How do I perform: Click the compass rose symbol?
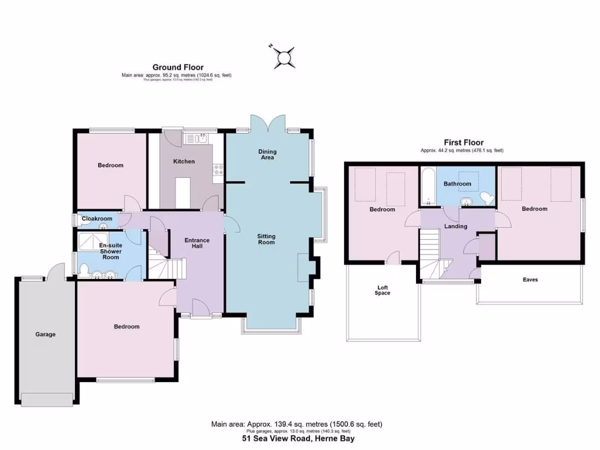tap(284, 56)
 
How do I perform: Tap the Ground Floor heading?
tap(178, 67)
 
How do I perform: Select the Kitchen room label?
tap(184, 161)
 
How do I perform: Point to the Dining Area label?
tap(267, 155)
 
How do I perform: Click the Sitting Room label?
tap(266, 239)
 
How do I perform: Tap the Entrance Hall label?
tap(197, 243)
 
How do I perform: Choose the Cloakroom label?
tap(97, 219)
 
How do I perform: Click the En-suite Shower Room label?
tap(111, 251)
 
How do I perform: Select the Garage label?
tap(45, 335)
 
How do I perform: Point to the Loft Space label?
tap(383, 290)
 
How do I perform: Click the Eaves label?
tap(530, 279)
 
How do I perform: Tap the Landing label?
tap(456, 226)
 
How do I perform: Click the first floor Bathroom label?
tap(457, 184)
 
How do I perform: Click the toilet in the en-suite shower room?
tap(84, 271)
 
